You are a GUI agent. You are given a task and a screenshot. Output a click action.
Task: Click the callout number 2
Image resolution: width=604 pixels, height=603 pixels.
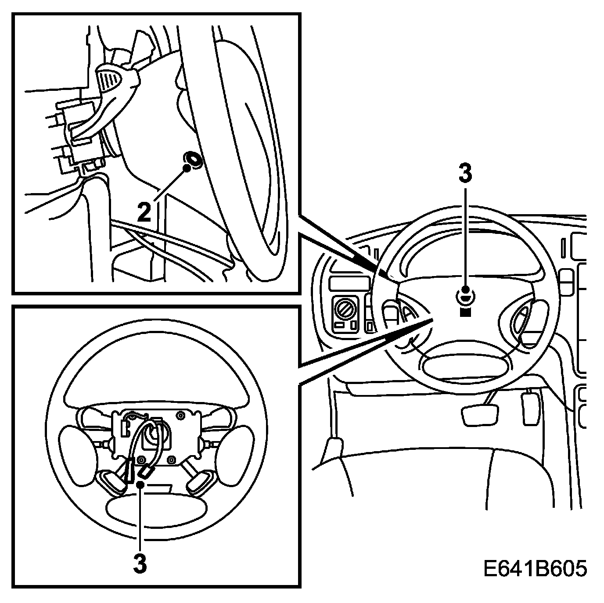[144, 212]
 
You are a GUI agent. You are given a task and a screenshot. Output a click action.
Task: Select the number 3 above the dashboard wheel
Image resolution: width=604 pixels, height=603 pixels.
[465, 173]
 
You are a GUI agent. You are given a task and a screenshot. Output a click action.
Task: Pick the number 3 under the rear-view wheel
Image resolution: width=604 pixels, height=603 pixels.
[140, 564]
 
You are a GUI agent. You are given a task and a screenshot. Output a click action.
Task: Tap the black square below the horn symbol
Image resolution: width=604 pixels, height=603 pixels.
[465, 312]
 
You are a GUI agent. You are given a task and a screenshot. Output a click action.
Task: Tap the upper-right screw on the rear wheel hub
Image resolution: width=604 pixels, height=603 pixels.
[180, 415]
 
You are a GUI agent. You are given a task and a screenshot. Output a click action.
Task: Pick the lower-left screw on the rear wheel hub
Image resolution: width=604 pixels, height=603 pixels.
[142, 460]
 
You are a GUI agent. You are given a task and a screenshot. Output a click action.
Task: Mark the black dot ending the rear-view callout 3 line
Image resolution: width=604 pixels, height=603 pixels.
[140, 484]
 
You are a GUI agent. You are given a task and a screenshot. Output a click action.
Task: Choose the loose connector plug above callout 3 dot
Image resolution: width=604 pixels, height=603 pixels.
[145, 472]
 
